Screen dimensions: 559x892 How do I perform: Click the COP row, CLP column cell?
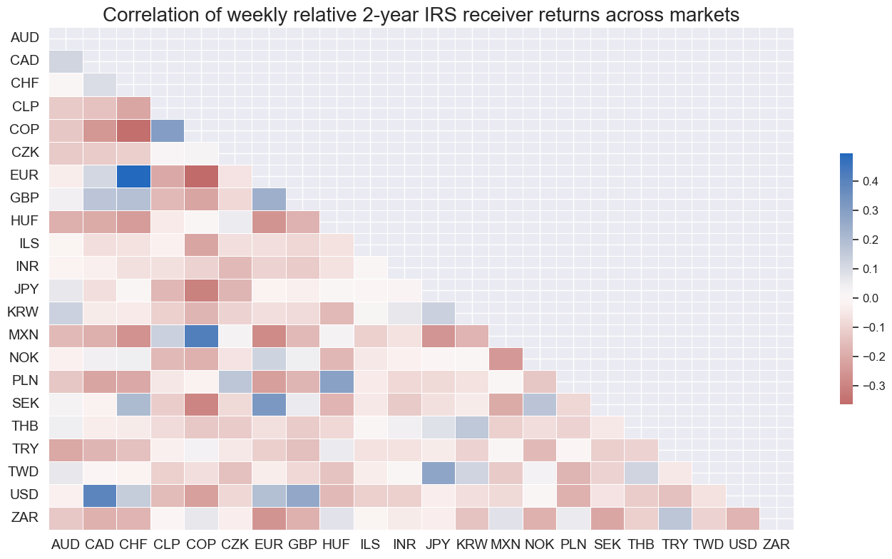click(x=168, y=130)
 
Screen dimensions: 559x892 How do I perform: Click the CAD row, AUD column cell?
click(x=66, y=60)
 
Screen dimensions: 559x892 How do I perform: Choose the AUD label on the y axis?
click(x=24, y=36)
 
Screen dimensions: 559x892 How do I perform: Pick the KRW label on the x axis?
click(x=472, y=545)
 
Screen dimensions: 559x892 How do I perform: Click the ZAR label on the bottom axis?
click(x=776, y=545)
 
